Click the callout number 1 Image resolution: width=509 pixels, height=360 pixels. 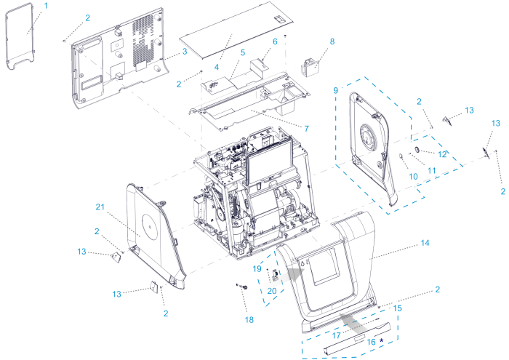46,5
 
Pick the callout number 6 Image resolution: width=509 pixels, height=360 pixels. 275,42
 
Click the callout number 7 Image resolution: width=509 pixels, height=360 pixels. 307,129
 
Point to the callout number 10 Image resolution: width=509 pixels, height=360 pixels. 414,176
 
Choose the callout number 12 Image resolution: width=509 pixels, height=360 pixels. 442,153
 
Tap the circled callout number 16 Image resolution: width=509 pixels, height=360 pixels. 370,341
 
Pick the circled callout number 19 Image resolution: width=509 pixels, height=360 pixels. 257,268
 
